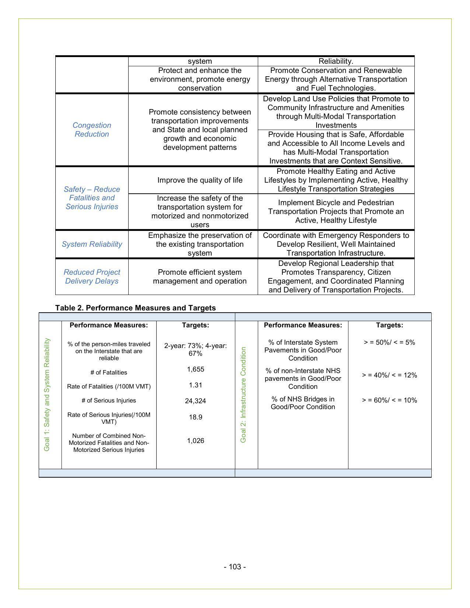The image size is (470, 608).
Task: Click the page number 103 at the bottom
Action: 234,567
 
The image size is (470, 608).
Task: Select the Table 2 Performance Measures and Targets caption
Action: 135,308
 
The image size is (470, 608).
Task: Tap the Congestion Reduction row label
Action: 92,130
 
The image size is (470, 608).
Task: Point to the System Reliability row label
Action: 92,244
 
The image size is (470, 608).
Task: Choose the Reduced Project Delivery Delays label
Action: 92,277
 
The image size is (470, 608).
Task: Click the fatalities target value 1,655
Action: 195,369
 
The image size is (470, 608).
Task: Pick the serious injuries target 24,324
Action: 195,401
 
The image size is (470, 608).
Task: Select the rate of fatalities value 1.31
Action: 195,385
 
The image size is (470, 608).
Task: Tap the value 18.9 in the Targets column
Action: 195,417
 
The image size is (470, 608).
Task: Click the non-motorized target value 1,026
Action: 195,441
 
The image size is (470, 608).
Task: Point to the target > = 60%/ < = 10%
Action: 389,400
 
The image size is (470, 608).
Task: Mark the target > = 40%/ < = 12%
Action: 389,375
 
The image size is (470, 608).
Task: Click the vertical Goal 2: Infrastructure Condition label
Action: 243,395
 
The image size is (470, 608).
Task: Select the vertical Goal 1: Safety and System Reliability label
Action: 47,395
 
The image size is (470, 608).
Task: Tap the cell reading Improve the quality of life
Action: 200,180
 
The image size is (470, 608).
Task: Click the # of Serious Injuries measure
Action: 109,401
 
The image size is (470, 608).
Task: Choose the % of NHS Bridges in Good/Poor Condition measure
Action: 303,403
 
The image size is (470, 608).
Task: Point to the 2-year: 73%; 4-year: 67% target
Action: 195,349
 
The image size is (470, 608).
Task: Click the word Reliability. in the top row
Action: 336,61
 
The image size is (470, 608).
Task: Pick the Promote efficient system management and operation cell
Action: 200,277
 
